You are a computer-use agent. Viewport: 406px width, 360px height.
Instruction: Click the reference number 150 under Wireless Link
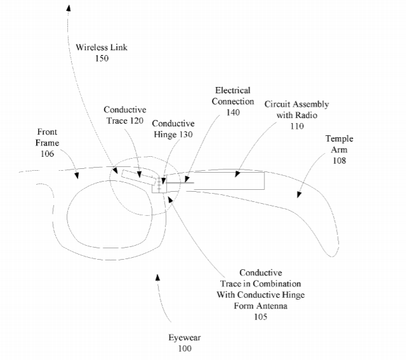click(100, 58)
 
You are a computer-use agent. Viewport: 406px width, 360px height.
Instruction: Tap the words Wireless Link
click(100, 48)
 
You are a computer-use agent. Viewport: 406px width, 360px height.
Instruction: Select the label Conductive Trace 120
click(124, 115)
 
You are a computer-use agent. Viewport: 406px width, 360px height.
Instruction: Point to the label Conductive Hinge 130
click(173, 128)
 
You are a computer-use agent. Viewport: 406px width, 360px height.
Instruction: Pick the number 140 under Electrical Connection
click(232, 112)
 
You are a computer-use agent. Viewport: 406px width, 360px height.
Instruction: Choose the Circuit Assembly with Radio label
click(296, 109)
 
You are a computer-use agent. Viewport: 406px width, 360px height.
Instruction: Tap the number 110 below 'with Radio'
click(296, 126)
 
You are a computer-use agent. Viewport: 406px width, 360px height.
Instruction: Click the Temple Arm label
click(339, 144)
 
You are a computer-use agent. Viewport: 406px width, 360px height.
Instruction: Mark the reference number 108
click(339, 161)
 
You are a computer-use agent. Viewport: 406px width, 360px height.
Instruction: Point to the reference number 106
click(47, 154)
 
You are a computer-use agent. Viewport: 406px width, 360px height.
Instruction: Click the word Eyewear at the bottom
click(185, 338)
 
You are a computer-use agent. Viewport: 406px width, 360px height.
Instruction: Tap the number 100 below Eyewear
click(185, 349)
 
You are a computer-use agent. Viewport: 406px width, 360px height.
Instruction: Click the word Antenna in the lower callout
click(272, 305)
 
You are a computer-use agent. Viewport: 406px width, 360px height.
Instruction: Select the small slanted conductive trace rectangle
click(140, 177)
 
